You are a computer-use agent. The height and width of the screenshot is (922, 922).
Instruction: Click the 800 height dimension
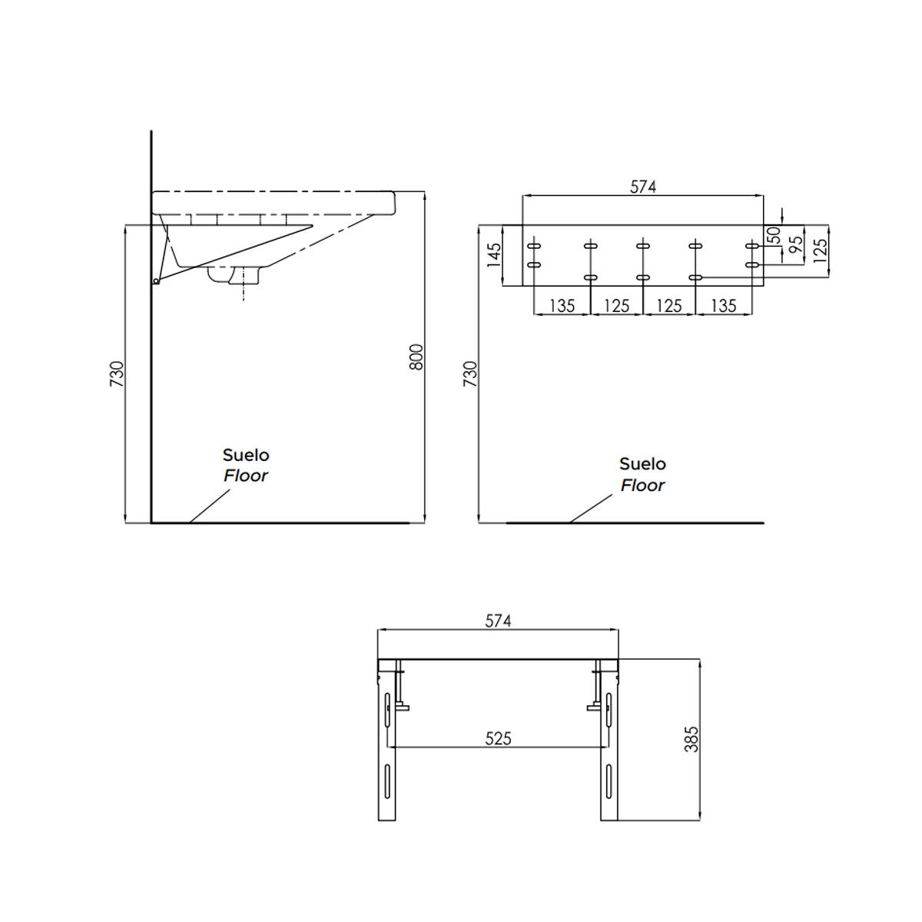tap(416, 357)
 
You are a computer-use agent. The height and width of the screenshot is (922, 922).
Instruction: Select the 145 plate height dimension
tap(494, 255)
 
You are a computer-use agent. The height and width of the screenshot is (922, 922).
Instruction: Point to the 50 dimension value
tap(774, 235)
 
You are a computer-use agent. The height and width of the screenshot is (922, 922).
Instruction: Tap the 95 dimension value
tap(796, 245)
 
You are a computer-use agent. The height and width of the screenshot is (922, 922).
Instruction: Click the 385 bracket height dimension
tap(691, 738)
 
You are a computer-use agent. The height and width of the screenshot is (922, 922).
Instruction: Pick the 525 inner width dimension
tap(498, 738)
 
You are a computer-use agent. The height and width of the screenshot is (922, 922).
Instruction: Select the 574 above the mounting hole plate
tap(642, 187)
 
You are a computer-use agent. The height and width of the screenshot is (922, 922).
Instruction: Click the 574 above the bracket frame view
tap(498, 620)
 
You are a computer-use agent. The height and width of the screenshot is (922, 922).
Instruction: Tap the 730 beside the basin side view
tap(117, 374)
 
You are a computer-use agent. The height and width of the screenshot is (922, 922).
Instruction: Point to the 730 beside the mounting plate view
tap(470, 374)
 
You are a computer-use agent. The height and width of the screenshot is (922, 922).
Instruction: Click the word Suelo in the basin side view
tap(246, 456)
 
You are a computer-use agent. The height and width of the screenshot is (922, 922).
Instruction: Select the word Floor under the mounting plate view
tap(642, 486)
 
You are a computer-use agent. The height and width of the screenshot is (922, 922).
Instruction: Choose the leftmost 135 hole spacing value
tap(562, 306)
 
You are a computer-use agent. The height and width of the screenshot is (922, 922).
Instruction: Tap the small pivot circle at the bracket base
tap(156, 281)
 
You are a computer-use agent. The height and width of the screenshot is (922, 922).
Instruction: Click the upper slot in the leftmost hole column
tap(531, 246)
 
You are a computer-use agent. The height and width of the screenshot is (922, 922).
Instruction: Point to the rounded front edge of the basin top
tap(393, 203)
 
